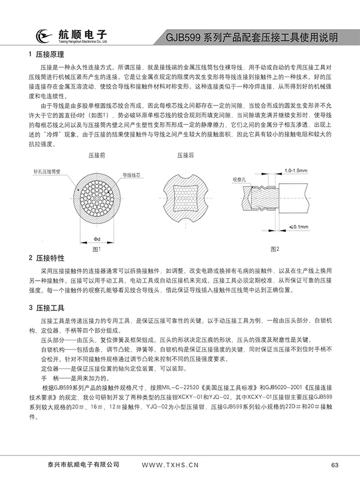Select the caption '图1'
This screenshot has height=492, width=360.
[97, 249]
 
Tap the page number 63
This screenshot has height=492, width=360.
[335, 465]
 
